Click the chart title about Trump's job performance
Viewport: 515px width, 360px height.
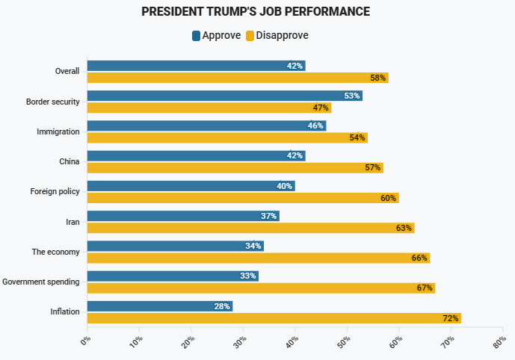click(x=256, y=12)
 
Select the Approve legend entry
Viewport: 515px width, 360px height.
click(x=217, y=35)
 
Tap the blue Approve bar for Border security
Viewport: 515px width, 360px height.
click(x=224, y=96)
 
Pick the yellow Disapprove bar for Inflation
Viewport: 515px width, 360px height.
click(x=274, y=318)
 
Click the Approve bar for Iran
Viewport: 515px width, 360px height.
click(x=183, y=216)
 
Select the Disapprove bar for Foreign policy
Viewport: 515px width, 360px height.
click(x=243, y=198)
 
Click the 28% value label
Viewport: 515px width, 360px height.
click(x=222, y=306)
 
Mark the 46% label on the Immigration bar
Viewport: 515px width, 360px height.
click(x=315, y=125)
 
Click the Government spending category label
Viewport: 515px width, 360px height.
click(x=41, y=282)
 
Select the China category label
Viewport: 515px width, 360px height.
click(x=69, y=161)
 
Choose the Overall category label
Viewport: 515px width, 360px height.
click(x=67, y=72)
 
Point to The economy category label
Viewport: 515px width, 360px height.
click(x=55, y=252)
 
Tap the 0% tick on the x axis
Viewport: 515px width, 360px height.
click(x=85, y=341)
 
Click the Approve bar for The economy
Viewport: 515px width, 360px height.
click(x=176, y=246)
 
